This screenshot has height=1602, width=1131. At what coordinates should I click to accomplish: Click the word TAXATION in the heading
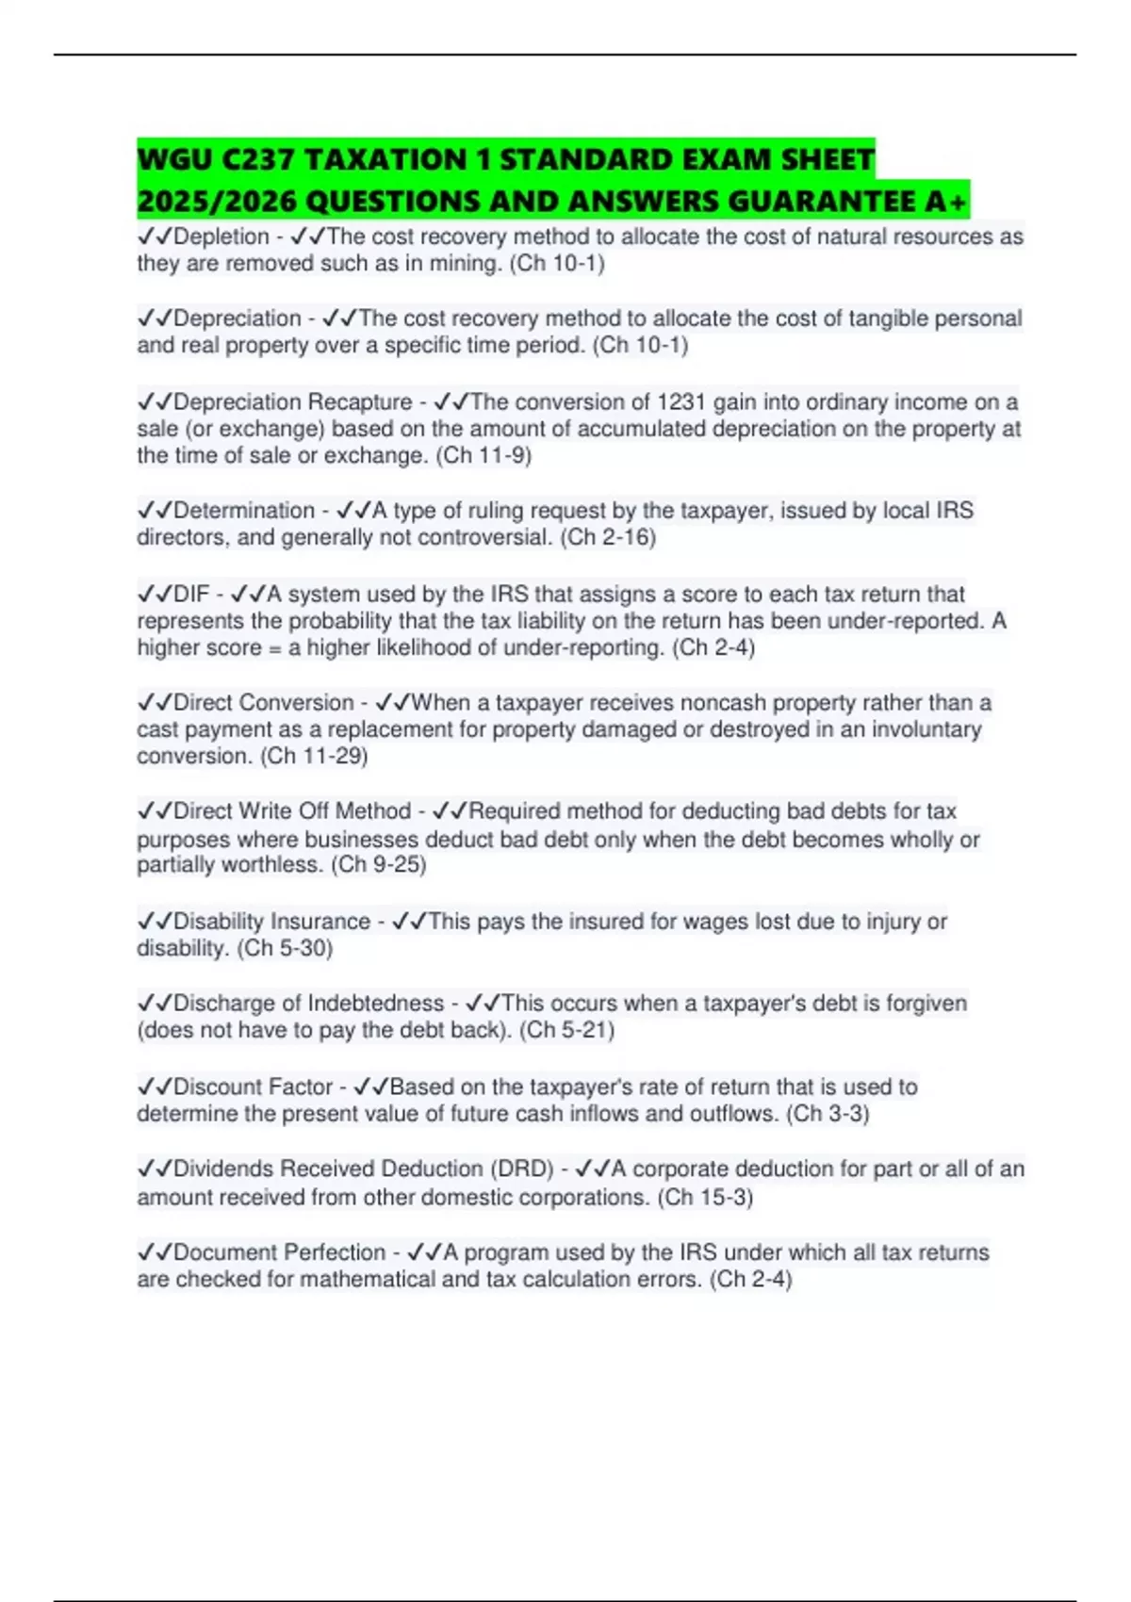point(390,159)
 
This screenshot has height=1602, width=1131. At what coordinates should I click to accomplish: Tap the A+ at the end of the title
point(945,201)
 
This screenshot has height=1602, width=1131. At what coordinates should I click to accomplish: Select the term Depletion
point(221,237)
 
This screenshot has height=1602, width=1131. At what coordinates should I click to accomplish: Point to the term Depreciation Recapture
point(293,402)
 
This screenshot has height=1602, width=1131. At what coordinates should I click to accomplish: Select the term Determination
point(244,511)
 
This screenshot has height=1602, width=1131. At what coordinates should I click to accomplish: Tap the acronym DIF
point(191,595)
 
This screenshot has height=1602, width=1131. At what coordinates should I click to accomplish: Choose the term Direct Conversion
point(264,703)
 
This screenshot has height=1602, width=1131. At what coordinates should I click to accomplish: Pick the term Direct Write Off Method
point(292,811)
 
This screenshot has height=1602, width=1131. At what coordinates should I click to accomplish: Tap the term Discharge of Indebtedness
point(308,1004)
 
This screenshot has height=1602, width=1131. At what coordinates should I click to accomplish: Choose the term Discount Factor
point(253,1087)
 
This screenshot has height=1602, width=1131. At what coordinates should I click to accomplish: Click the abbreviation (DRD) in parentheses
point(521,1169)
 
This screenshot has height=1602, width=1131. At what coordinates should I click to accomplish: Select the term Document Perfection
point(279,1253)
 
